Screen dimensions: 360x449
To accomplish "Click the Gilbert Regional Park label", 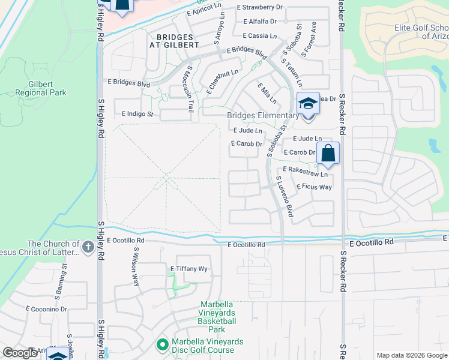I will pyautogui.click(x=41, y=88).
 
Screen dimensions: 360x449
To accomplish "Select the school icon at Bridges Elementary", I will pyautogui.click(x=308, y=103).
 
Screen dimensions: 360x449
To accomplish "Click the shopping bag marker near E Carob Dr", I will pyautogui.click(x=328, y=153).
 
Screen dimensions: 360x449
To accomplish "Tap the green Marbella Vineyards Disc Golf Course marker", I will pyautogui.click(x=161, y=345).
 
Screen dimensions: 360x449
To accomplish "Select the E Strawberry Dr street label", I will pyautogui.click(x=259, y=7).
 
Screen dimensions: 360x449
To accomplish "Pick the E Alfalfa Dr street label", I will pyautogui.click(x=259, y=21).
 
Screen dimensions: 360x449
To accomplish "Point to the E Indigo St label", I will pyautogui.click(x=137, y=113).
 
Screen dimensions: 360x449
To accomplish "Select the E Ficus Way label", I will pyautogui.click(x=314, y=187).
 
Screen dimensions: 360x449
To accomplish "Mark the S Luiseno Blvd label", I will pyautogui.click(x=284, y=196).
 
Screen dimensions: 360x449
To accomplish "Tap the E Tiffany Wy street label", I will pyautogui.click(x=189, y=269).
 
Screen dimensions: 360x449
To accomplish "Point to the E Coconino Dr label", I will pyautogui.click(x=46, y=308).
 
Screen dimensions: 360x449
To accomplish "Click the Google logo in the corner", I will pyautogui.click(x=20, y=353).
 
